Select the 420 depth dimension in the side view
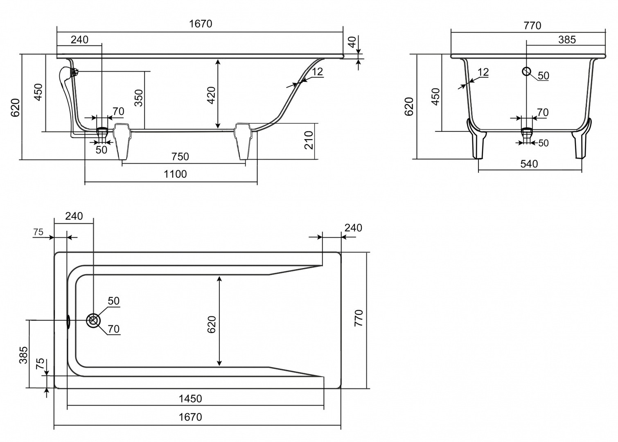click(211, 95)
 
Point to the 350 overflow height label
click(139, 98)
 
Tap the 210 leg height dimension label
click(309, 140)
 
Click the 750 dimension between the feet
click(180, 157)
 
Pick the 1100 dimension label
click(175, 174)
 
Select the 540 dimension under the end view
click(529, 164)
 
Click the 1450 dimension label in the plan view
click(190, 399)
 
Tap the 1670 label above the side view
click(201, 24)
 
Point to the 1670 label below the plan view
click(190, 417)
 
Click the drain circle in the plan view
click(93, 320)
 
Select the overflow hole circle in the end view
click(526, 72)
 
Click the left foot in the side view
click(122, 141)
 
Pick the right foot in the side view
click(243, 141)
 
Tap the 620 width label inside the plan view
click(211, 325)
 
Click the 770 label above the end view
click(532, 26)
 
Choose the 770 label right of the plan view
click(359, 318)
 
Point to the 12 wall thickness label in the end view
click(483, 72)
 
